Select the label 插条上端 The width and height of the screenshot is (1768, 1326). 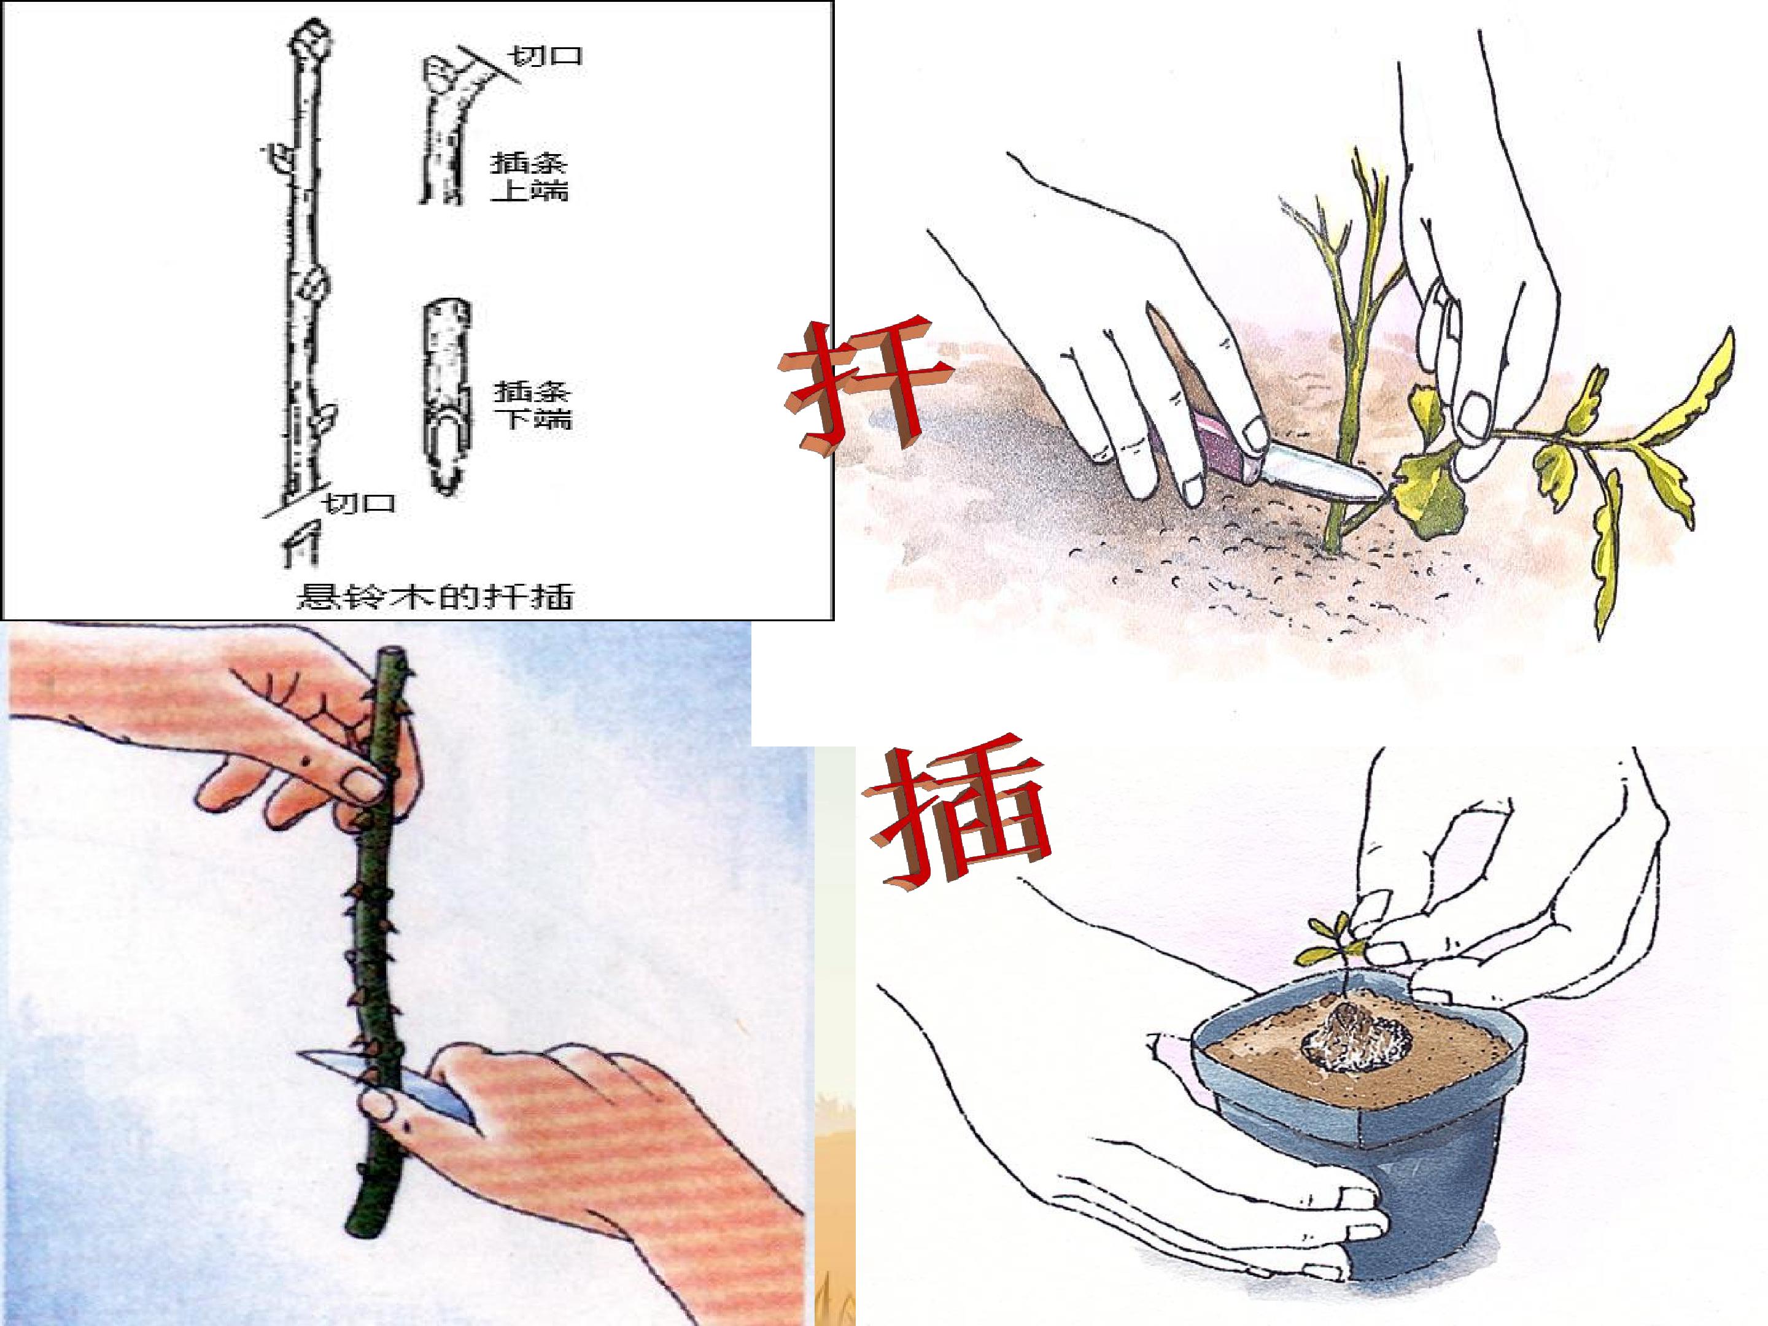coord(529,177)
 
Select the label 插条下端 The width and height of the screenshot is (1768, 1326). coord(532,405)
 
